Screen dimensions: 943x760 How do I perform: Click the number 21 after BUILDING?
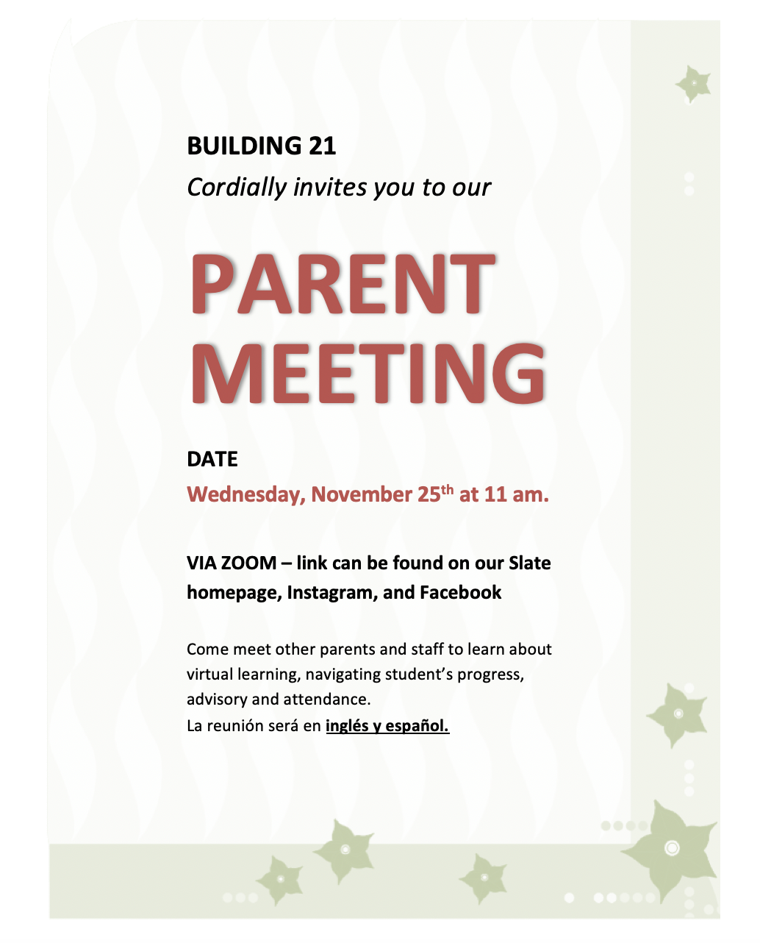tap(323, 146)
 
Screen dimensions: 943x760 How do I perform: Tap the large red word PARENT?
tap(343, 285)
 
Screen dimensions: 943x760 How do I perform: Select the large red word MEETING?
tap(368, 374)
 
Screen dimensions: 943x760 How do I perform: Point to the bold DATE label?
tap(212, 459)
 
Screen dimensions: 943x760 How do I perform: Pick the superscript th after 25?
tap(447, 488)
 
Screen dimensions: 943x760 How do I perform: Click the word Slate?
tap(529, 563)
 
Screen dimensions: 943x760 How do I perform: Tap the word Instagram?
tap(329, 593)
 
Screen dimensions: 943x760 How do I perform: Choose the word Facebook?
tap(461, 593)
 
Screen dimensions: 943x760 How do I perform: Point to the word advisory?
tap(217, 700)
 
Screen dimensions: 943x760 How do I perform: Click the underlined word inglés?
tap(347, 726)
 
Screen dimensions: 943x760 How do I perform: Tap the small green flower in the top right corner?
tap(693, 84)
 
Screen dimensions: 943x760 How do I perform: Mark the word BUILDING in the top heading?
tap(244, 146)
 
